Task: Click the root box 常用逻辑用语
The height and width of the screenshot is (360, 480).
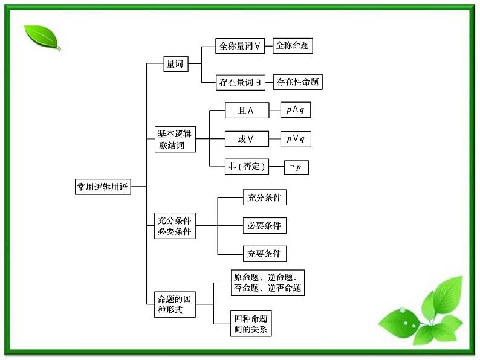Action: point(102,187)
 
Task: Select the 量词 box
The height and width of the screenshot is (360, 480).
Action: point(175,63)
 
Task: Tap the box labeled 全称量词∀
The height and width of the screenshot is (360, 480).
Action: point(240,47)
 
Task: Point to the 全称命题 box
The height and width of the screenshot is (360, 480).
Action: point(293,46)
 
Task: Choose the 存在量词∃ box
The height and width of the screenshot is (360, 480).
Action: point(240,82)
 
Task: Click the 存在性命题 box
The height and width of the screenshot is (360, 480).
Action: point(297,82)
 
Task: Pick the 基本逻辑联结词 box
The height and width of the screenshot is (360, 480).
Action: point(174,140)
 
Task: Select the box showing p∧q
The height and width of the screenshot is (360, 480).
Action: point(296,110)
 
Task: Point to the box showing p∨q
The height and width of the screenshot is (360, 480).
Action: point(296,139)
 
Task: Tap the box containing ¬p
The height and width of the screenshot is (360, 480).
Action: point(296,167)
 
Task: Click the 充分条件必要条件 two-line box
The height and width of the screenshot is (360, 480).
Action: point(175,226)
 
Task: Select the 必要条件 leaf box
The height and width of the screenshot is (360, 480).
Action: point(264,226)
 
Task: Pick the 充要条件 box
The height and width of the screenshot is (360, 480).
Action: point(264,254)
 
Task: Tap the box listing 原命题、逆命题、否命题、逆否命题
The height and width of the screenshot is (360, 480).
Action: point(267,283)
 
